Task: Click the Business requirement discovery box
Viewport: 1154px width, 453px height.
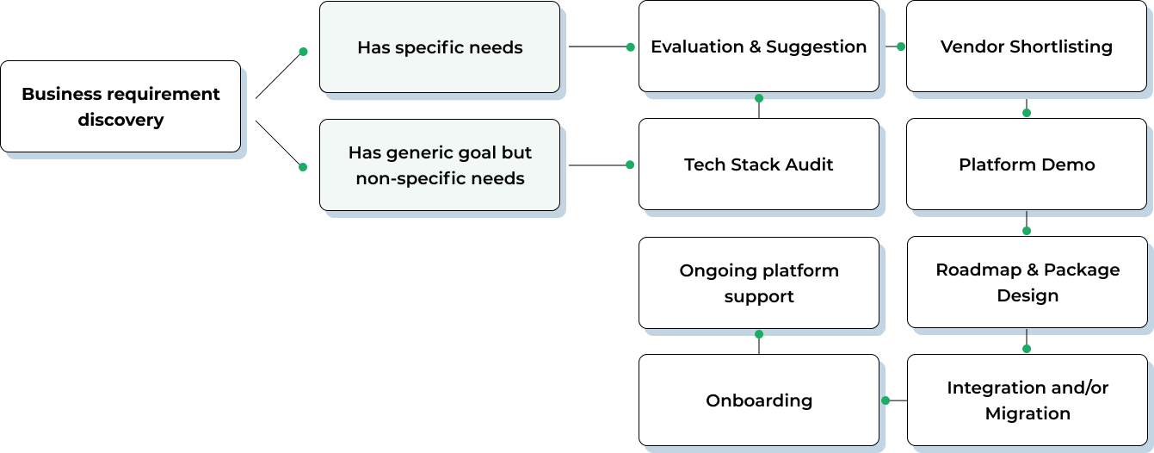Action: (x=120, y=107)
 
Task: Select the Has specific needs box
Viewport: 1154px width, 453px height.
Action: (x=440, y=47)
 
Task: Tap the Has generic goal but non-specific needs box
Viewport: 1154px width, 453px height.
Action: (x=440, y=165)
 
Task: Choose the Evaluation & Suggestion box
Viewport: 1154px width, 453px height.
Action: (x=758, y=47)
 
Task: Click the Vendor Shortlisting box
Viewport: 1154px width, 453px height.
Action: (x=1026, y=47)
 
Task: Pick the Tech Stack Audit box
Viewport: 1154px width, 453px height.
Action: (x=758, y=164)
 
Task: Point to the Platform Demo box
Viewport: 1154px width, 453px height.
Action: (x=1026, y=164)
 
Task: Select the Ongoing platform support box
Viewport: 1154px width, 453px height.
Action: (x=758, y=283)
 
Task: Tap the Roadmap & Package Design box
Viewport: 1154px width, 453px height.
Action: (x=1027, y=282)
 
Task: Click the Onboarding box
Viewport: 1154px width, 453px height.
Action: (x=758, y=400)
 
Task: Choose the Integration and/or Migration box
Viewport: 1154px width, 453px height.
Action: (x=1027, y=400)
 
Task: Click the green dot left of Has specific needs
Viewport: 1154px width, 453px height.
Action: (x=303, y=52)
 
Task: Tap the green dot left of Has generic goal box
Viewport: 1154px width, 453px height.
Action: (x=303, y=167)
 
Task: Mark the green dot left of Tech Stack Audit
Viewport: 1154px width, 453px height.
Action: (x=630, y=164)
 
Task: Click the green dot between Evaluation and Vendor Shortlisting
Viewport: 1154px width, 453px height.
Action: (x=901, y=47)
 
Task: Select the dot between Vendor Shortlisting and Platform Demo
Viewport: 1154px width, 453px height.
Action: (x=1027, y=113)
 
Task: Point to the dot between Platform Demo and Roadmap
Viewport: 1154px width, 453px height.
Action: (x=1027, y=231)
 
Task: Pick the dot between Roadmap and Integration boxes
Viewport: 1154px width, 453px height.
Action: (x=1027, y=349)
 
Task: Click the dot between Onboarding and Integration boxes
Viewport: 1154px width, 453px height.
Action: (x=886, y=400)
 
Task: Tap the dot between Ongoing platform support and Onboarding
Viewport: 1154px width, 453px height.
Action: (x=758, y=334)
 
